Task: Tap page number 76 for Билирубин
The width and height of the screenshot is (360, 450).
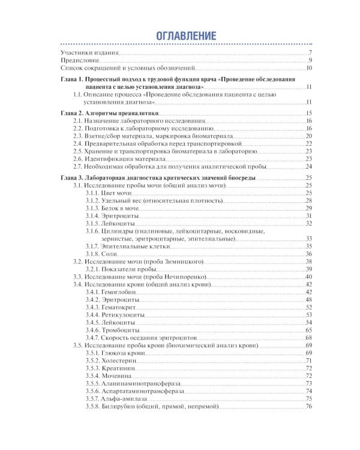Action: click(x=309, y=407)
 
